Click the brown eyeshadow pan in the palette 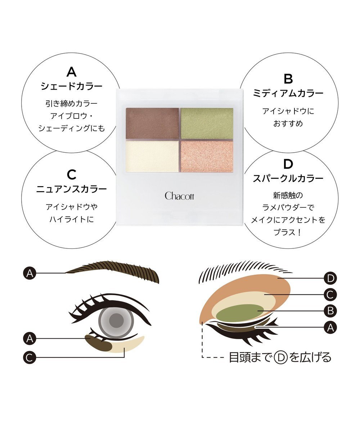(152, 123)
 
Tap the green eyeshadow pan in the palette (207, 123)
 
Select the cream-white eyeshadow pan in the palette (152, 156)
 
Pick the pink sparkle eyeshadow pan (207, 156)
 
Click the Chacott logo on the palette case (179, 196)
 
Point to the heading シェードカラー (72, 87)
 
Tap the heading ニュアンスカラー (72, 189)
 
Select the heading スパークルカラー (288, 178)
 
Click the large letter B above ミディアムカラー (288, 78)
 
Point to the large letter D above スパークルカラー (288, 164)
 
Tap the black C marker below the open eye (30, 357)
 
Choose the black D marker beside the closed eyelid (330, 278)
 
